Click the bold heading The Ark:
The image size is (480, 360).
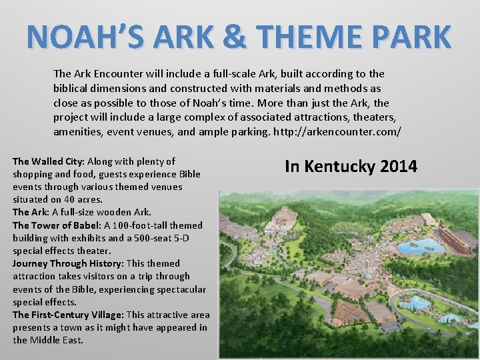click(31, 212)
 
